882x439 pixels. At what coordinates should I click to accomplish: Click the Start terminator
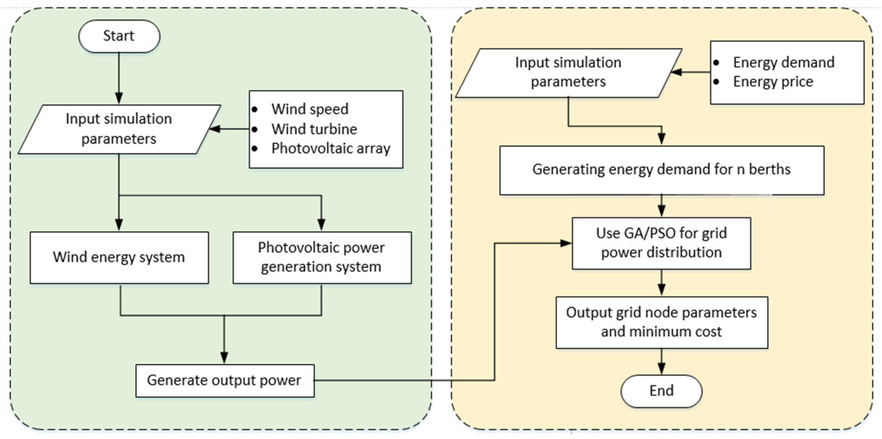pos(119,36)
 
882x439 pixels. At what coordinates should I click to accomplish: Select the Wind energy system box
pos(119,258)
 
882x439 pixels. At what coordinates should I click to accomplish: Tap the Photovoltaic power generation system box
pos(322,258)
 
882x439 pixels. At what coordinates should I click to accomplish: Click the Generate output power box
pos(225,381)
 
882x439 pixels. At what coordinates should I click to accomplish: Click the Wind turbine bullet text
pos(314,129)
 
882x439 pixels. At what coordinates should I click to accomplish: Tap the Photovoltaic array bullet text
pos(331,149)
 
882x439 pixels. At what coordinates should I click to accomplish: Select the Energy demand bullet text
pos(783,62)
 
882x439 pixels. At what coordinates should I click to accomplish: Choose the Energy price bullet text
pos(773,81)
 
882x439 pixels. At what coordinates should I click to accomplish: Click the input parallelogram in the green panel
pos(119,129)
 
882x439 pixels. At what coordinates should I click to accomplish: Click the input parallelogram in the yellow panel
pos(569,73)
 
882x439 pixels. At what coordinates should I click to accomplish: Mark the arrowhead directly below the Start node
pos(119,98)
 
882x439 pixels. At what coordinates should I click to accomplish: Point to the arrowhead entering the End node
pos(662,369)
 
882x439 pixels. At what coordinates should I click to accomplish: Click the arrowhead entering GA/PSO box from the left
pos(566,243)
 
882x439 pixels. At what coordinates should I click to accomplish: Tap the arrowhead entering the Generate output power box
pos(224,358)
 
